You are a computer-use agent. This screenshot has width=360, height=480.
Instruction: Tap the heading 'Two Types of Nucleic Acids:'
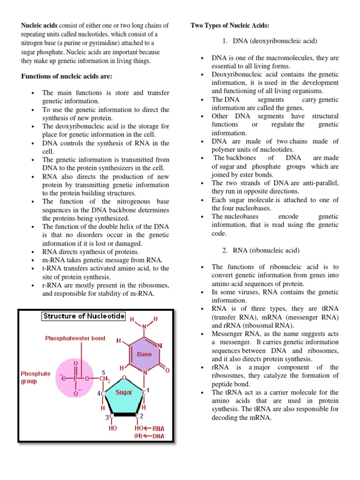230,25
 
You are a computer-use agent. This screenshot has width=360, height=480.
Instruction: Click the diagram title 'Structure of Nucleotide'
84,316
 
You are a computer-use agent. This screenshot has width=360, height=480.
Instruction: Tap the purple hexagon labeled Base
144,354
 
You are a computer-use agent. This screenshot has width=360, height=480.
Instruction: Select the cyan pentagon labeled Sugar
124,392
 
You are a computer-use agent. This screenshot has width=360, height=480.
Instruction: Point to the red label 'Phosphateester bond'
75,338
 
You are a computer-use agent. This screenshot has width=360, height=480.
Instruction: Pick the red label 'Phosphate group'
36,377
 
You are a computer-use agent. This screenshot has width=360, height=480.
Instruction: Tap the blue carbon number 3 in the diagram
107,416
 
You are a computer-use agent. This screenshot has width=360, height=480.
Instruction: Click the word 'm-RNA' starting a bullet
52,260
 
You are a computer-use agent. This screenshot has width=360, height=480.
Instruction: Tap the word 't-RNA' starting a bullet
51,268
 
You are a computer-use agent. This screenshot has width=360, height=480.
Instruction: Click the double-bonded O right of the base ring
167,370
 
